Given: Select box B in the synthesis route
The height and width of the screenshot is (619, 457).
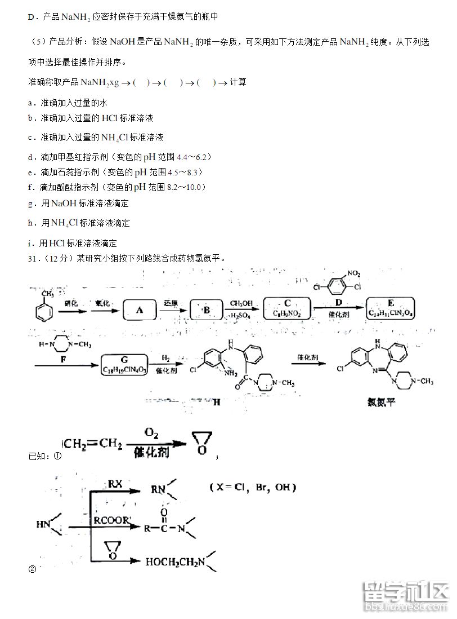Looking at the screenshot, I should [x=207, y=309].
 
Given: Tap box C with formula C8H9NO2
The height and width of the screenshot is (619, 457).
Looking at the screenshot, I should [x=288, y=308].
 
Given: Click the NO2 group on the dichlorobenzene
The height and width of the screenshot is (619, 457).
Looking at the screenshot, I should [x=353, y=274].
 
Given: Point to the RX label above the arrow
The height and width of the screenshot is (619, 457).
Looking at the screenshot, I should [x=115, y=484].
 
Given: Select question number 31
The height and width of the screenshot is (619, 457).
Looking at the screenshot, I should [x=33, y=258].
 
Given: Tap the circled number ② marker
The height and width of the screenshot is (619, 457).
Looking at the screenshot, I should [x=32, y=568].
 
